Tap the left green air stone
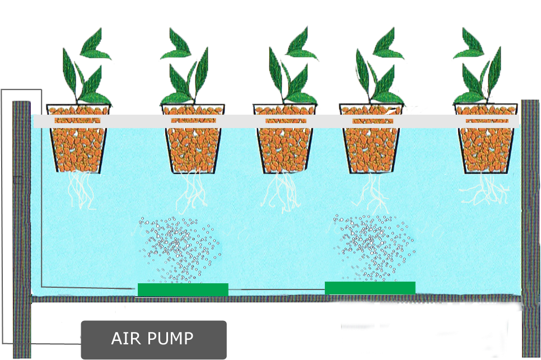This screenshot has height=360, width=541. pyautogui.click(x=183, y=289)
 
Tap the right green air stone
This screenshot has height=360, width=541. pyautogui.click(x=370, y=288)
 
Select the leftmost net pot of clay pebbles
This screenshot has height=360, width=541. pyautogui.click(x=78, y=140)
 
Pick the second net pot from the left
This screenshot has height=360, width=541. pyautogui.click(x=193, y=140)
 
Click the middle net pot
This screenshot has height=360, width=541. pyautogui.click(x=285, y=140)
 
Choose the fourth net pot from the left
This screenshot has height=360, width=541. pyautogui.click(x=371, y=140)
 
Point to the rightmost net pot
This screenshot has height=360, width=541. pyautogui.click(x=487, y=140)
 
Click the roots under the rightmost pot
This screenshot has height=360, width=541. pyautogui.click(x=484, y=190)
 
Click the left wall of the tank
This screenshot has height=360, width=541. pyautogui.click(x=22, y=224)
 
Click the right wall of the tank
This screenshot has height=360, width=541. pyautogui.click(x=530, y=224)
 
